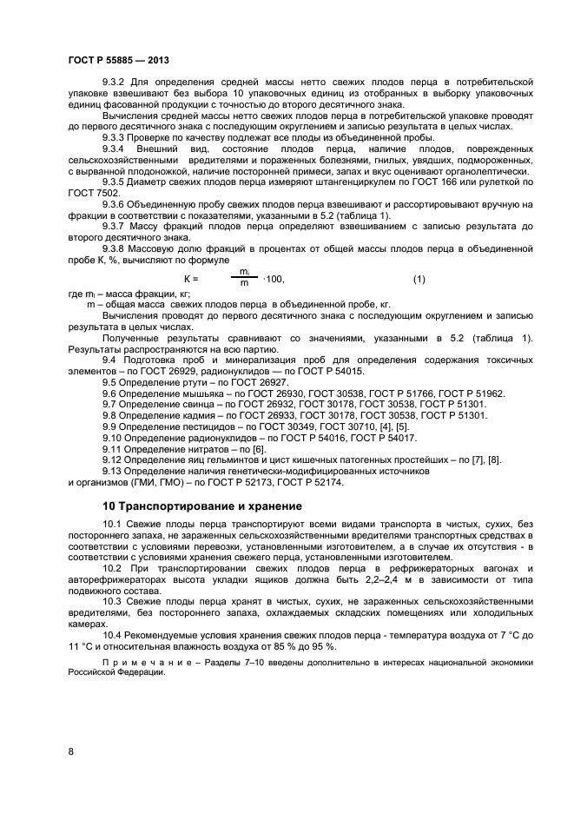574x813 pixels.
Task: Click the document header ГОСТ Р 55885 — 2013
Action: pos(117,59)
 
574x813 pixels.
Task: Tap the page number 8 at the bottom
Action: pos(70,752)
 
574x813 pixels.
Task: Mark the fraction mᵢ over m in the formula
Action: pos(244,278)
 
